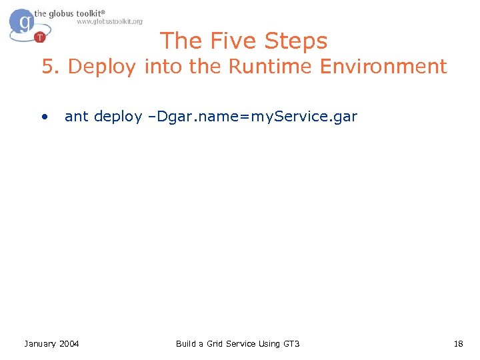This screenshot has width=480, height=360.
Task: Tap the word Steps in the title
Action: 297,41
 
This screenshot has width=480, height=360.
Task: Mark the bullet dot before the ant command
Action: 44,117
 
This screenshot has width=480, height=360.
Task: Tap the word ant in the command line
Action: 76,117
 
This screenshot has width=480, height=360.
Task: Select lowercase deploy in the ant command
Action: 118,117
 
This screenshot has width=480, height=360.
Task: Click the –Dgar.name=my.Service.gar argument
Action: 253,117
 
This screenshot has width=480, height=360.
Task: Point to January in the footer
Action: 40,343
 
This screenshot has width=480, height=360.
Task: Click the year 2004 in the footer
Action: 69,343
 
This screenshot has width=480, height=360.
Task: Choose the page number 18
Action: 458,343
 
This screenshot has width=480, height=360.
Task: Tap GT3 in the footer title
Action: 291,343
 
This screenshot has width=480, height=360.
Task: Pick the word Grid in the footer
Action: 213,343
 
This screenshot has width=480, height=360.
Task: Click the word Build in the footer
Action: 186,343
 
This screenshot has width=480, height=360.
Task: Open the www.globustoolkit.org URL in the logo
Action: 109,21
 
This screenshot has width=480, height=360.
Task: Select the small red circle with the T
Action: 40,36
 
